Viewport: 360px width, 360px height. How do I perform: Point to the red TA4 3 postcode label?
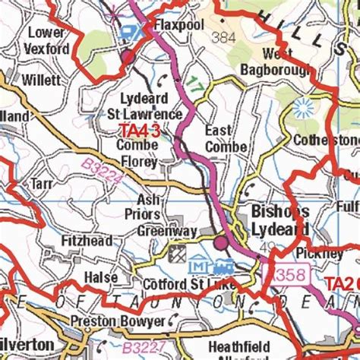click(138, 131)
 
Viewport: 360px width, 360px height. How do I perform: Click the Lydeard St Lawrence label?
click(151, 107)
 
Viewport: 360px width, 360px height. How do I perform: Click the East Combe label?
click(226, 139)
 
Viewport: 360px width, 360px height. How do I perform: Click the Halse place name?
click(101, 277)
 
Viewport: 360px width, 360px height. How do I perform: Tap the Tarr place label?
click(41, 184)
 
